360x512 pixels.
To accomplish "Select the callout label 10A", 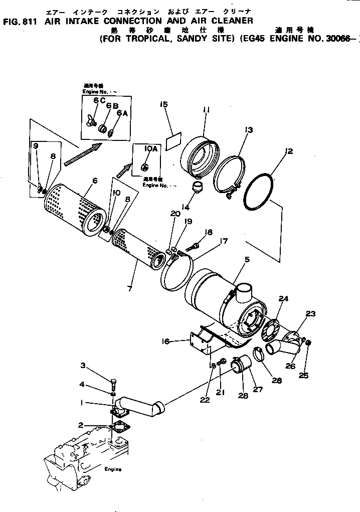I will (151, 149).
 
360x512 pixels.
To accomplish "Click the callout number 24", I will (284, 299).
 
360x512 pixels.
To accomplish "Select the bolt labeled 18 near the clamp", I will (194, 247).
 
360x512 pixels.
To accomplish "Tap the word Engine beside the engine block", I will (113, 469).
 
